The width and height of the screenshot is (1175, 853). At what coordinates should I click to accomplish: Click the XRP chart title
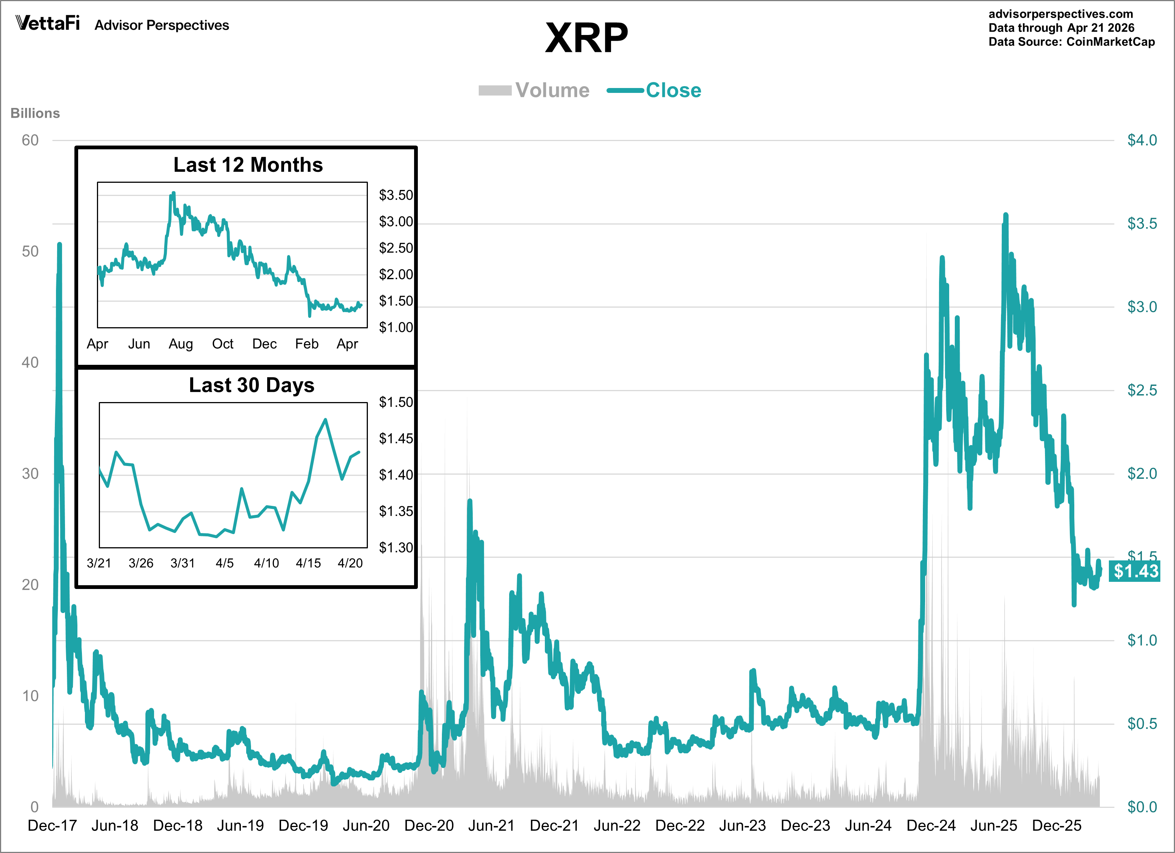pos(587,38)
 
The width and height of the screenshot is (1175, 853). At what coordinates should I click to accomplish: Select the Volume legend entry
pos(534,90)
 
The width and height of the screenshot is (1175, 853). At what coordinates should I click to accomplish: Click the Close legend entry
pos(654,90)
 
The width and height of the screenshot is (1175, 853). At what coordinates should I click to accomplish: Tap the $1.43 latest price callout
pos(1135,571)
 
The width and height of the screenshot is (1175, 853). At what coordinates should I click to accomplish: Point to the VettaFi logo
pos(48,23)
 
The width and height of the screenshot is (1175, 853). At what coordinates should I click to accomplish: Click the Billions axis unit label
pos(35,113)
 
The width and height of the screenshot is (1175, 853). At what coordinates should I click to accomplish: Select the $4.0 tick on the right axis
pos(1142,140)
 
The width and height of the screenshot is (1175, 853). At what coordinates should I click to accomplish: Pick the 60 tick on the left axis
pos(30,140)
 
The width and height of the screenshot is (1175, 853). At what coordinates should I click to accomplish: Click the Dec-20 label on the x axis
pos(429,826)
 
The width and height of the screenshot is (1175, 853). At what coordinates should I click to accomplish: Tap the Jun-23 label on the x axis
pos(743,826)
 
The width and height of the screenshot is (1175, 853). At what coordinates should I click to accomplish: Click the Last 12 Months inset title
pos(248,165)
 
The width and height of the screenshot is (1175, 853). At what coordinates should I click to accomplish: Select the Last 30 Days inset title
pos(251,385)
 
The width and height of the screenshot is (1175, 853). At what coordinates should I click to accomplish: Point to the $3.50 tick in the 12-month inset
pos(396,195)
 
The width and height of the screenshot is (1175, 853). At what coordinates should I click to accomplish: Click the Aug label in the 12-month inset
pos(181,344)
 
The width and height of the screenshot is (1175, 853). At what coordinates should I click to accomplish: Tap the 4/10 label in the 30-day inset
pos(266,563)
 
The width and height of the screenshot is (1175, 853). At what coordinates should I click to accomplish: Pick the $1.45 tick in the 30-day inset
pos(396,439)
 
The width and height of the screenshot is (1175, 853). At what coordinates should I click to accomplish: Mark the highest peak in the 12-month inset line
pos(174,193)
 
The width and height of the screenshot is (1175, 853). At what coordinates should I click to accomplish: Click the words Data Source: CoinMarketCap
pos(1071,42)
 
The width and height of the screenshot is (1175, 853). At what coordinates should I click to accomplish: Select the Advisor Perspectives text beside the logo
pos(162,26)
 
